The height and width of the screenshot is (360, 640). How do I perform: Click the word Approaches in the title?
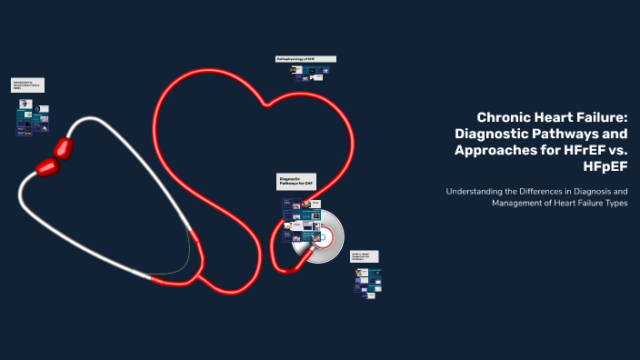489,150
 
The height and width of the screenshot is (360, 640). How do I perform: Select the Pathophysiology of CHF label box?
305,59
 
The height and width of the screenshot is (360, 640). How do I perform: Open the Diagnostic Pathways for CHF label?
296,182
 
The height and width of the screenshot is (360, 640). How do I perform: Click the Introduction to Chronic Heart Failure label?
28,85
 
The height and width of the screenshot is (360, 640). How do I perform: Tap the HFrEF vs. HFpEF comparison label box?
365,257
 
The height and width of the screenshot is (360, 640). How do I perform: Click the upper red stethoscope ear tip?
63,147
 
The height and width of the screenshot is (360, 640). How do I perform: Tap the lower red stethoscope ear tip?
46,166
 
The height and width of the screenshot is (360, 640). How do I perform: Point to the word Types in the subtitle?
615,204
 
